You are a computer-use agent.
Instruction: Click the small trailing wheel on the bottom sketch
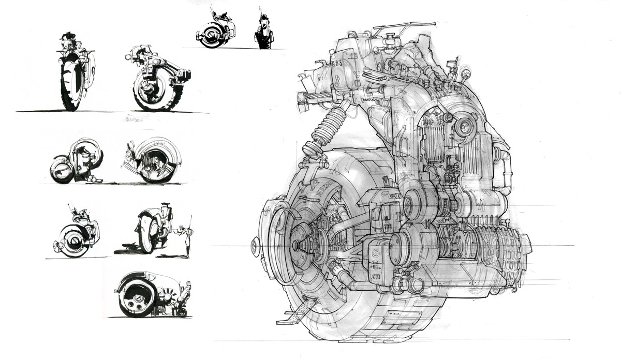pos(181,312)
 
